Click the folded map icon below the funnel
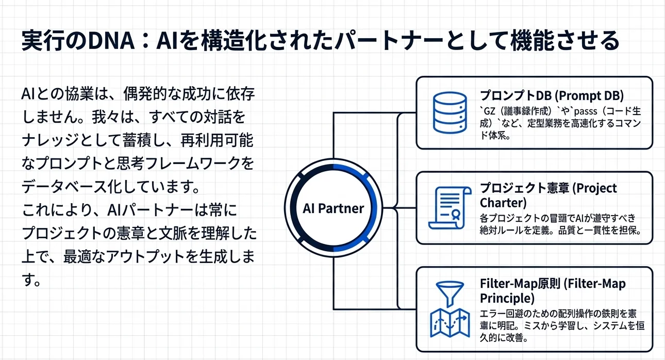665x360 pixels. [x=448, y=322]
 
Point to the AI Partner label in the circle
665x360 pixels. [x=334, y=208]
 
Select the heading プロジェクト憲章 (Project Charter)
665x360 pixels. [x=548, y=194]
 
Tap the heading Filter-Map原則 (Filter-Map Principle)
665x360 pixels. [x=553, y=291]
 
